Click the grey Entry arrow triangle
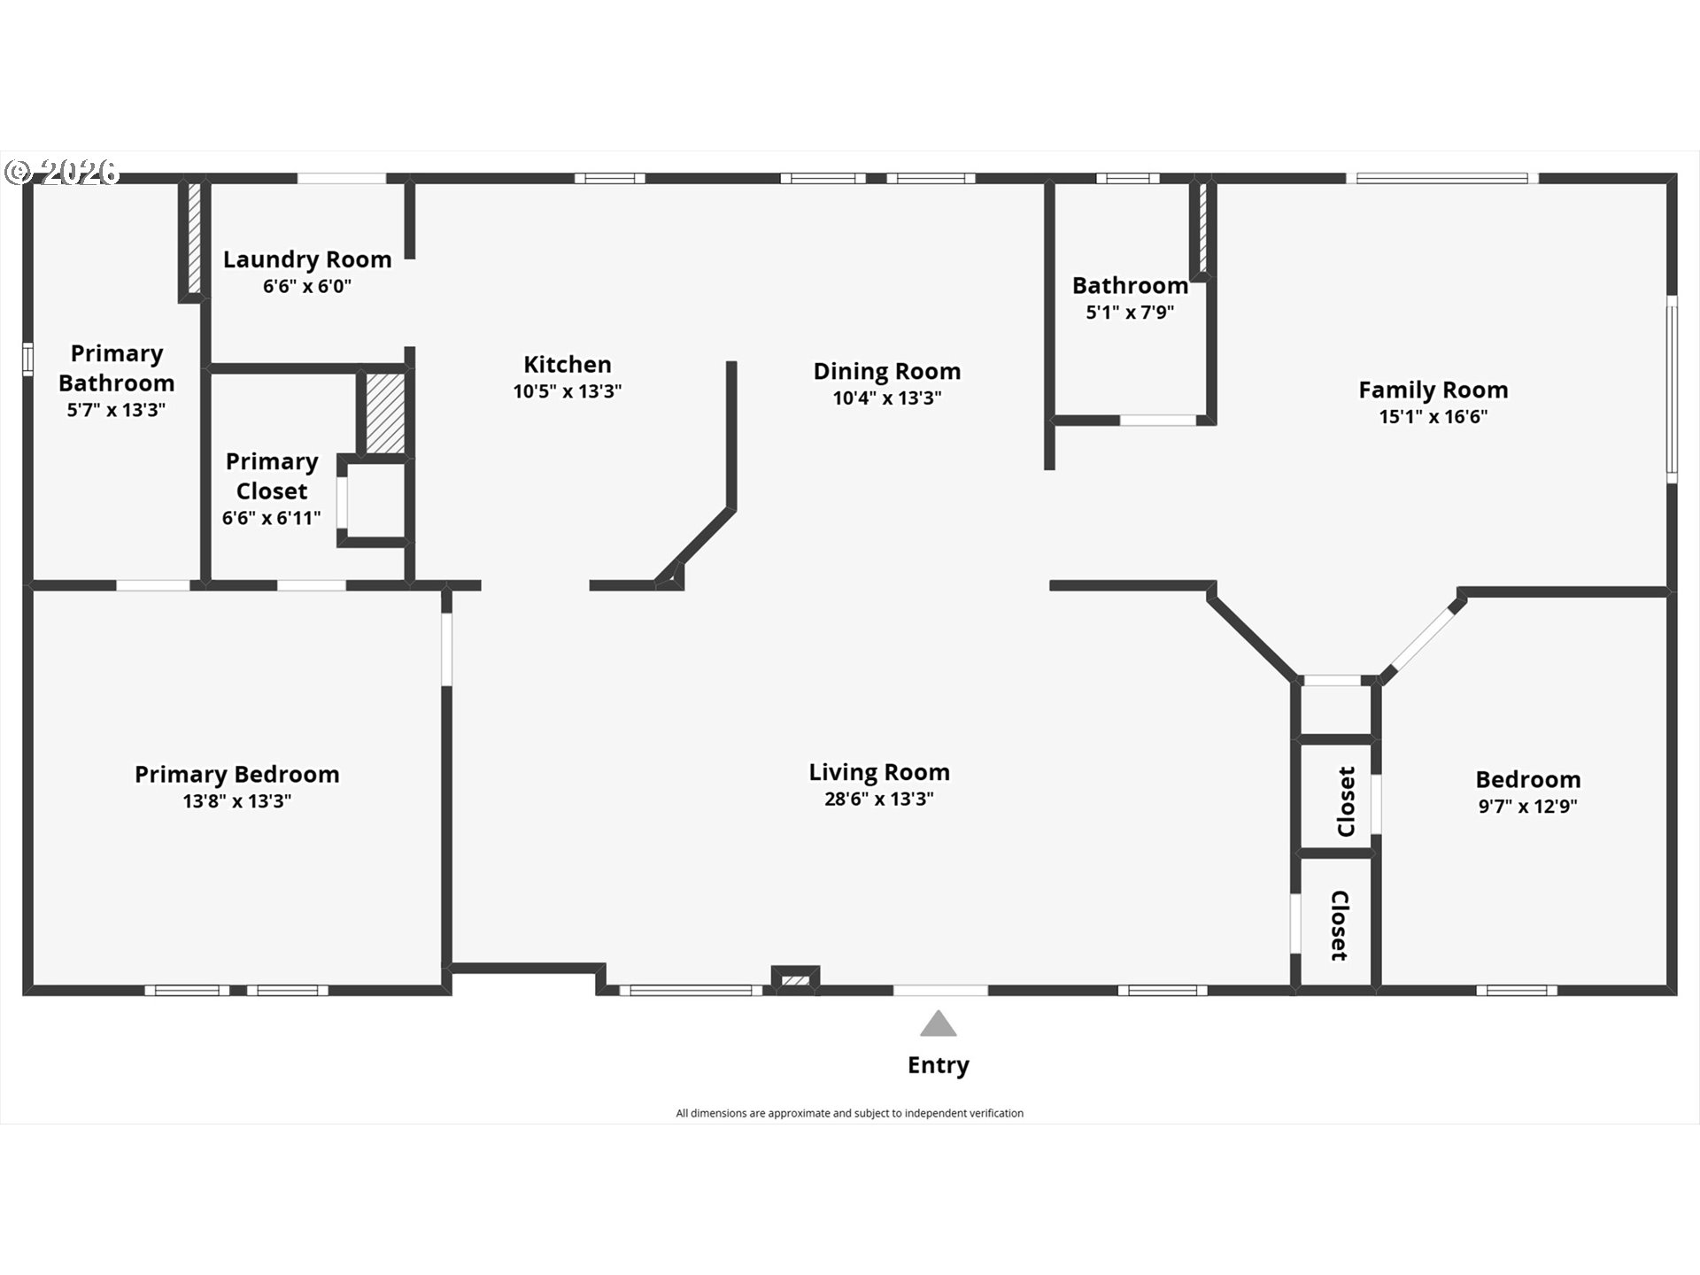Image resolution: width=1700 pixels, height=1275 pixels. click(x=938, y=1024)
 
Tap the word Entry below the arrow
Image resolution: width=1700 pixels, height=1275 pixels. click(x=938, y=1065)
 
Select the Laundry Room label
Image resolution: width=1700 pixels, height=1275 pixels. click(x=307, y=259)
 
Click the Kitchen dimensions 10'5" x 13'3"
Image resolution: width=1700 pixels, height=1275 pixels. click(x=567, y=391)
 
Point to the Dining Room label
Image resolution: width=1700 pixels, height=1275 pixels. click(x=886, y=371)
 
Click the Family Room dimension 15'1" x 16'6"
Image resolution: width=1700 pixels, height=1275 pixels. click(x=1433, y=417)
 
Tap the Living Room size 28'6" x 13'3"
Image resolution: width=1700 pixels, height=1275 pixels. click(x=878, y=800)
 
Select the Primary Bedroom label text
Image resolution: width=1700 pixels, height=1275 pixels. click(x=236, y=774)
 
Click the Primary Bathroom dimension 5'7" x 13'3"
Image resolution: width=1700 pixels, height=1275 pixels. click(x=116, y=410)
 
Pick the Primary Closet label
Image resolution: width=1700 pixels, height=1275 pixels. click(x=271, y=476)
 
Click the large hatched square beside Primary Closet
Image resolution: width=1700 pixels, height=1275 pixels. click(x=385, y=413)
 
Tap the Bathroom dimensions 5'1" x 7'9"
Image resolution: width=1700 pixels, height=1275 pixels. click(x=1130, y=313)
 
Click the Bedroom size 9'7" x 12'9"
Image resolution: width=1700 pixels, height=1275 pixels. click(x=1527, y=807)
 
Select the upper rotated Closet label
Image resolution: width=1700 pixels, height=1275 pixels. click(x=1346, y=801)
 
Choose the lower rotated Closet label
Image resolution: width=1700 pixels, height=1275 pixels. click(x=1339, y=925)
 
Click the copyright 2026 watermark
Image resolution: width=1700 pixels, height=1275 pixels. click(x=62, y=172)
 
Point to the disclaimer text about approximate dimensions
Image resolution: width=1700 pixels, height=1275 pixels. click(x=849, y=1113)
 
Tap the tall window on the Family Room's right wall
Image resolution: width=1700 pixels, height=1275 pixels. click(x=1672, y=390)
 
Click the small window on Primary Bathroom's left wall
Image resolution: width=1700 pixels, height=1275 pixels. click(x=27, y=359)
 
